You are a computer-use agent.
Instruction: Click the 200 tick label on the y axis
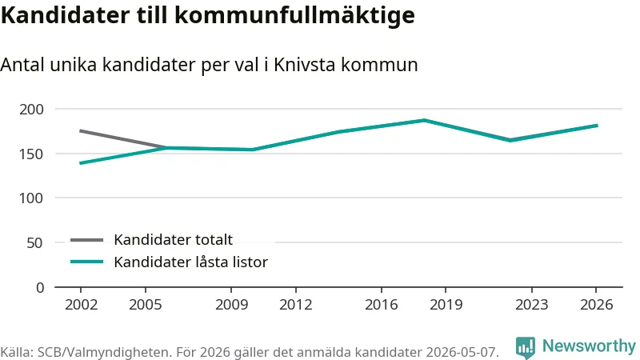[31, 110]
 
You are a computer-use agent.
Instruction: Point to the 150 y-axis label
[31, 154]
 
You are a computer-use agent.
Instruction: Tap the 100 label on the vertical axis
[31, 198]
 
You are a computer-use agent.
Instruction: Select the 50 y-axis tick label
[34, 243]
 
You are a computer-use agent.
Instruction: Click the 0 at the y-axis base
[40, 288]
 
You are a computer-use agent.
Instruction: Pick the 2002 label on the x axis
[81, 305]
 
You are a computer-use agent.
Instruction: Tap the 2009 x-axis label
[231, 305]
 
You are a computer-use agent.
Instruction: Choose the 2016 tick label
[382, 305]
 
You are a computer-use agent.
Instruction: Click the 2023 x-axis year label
[531, 305]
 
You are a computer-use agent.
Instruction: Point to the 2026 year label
[596, 305]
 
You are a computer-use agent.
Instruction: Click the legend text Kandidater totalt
[173, 239]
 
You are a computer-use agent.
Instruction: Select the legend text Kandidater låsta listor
[190, 262]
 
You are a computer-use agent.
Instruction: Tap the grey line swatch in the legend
[86, 240]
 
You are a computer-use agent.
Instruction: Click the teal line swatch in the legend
[86, 262]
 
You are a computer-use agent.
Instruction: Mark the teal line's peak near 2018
[425, 121]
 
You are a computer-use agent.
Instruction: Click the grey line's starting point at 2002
[81, 131]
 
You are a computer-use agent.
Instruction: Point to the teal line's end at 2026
[597, 126]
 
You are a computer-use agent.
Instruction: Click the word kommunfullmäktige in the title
[294, 15]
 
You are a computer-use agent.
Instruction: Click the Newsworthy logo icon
[525, 347]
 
